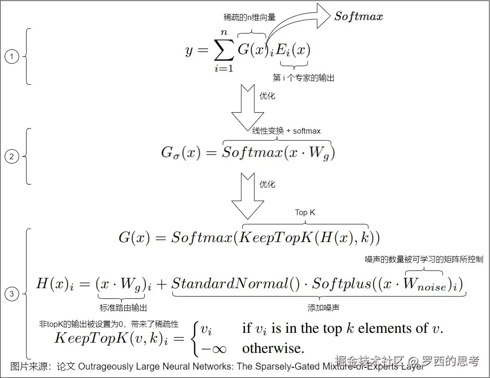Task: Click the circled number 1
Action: click(x=12, y=57)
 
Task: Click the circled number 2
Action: click(x=12, y=156)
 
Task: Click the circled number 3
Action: click(x=12, y=294)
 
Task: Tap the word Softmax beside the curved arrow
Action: click(x=359, y=17)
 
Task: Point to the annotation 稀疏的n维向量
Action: click(x=250, y=17)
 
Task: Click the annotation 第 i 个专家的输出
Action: click(x=303, y=78)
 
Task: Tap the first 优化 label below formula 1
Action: click(x=267, y=96)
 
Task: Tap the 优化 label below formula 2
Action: click(x=267, y=184)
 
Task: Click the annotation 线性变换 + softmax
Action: click(x=286, y=131)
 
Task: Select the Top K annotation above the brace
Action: click(x=305, y=212)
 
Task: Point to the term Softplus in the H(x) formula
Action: click(x=341, y=283)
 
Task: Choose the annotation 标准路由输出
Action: click(x=123, y=308)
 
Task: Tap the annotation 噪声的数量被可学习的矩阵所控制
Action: click(x=424, y=259)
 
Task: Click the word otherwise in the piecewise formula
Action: click(x=273, y=348)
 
